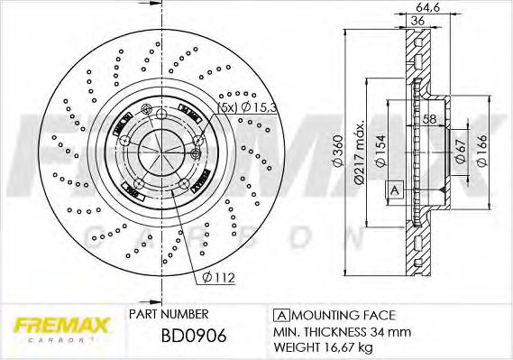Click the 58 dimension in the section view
(x=429, y=120)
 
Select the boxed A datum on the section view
(x=394, y=189)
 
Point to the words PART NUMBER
(x=169, y=314)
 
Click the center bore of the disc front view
(x=158, y=147)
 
